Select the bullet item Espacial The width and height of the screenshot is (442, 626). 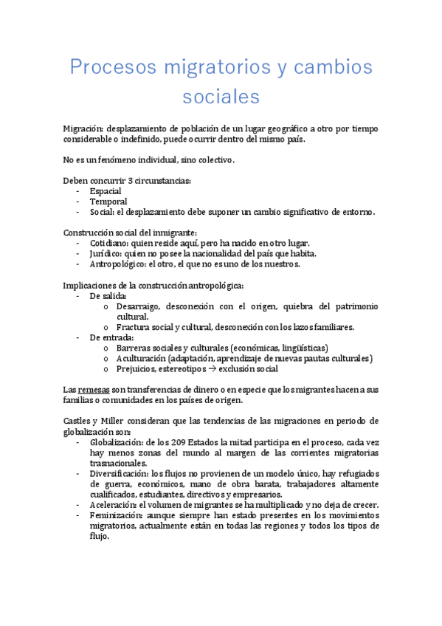pyautogui.click(x=106, y=191)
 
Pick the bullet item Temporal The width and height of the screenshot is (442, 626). pyautogui.click(x=108, y=202)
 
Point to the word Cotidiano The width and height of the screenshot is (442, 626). pyautogui.click(x=111, y=244)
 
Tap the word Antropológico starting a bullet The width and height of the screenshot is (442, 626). pyautogui.click(x=117, y=264)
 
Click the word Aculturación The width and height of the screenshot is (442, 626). pyautogui.click(x=140, y=358)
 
